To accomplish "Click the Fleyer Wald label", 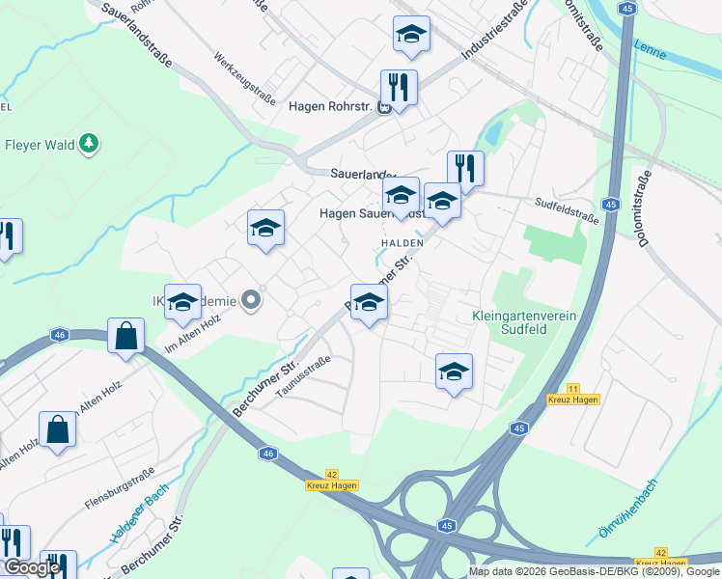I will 40,146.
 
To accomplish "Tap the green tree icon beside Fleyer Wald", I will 90,144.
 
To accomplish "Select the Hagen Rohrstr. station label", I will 331,107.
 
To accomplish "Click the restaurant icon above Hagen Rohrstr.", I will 398,86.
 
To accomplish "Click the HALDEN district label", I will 403,242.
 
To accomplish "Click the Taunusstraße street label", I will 303,375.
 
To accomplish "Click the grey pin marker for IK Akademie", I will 251,301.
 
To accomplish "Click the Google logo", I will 32,567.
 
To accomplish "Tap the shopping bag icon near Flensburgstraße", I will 58,429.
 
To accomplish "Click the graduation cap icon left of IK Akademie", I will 182,302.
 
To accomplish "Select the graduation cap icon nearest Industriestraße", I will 411,34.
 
